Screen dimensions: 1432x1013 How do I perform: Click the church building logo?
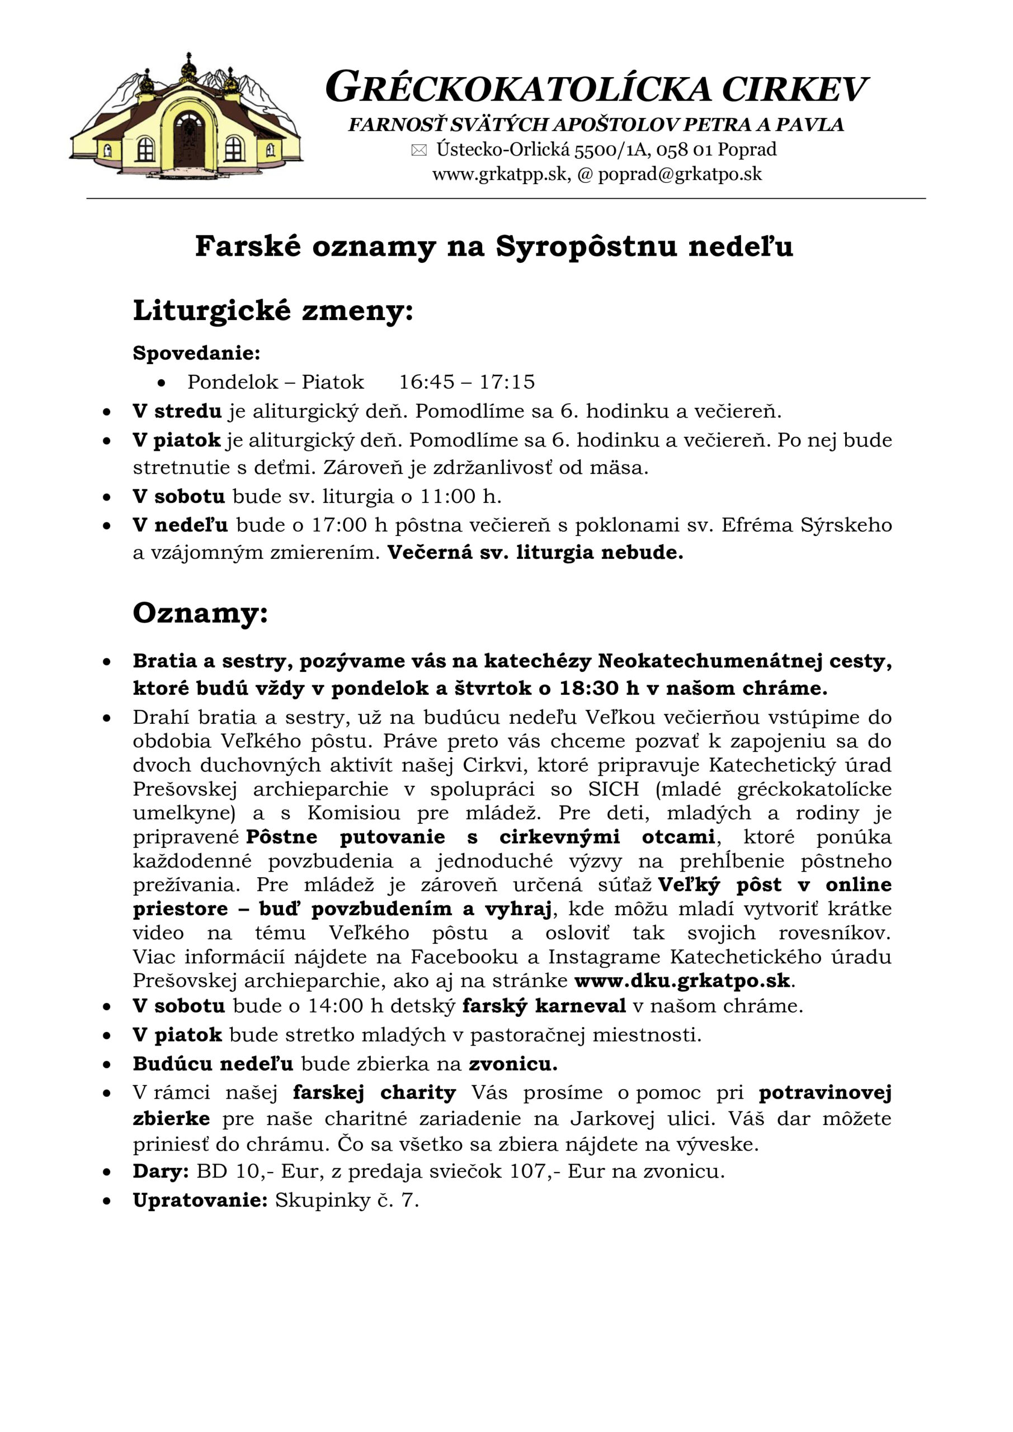point(186,116)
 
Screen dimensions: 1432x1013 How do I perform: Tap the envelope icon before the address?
point(419,150)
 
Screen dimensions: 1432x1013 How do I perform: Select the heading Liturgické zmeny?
point(272,310)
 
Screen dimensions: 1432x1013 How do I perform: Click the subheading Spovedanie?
point(196,354)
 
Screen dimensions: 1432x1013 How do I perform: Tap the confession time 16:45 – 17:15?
point(467,381)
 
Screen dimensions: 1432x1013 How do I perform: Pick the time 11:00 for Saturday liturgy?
point(447,497)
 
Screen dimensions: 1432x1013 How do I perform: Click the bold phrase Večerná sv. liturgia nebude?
point(535,553)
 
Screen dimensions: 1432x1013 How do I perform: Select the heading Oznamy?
point(200,613)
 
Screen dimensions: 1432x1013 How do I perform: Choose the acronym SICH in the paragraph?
point(614,789)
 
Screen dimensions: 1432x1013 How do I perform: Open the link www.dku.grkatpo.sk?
point(682,981)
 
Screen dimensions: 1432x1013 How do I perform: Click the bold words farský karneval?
point(544,1006)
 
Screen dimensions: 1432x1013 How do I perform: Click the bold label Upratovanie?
point(200,1200)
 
